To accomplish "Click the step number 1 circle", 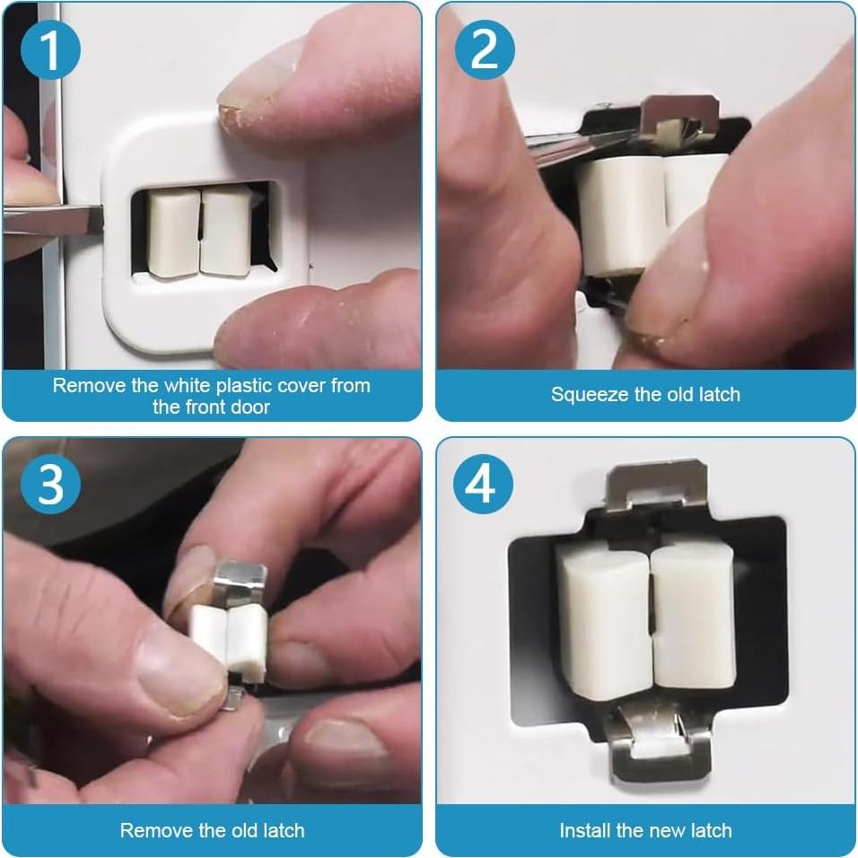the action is [x=50, y=50].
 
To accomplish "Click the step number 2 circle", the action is [x=485, y=50].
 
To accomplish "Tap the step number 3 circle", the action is [x=50, y=485].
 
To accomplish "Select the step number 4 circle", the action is [x=483, y=485].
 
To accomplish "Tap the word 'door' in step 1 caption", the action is [x=250, y=407].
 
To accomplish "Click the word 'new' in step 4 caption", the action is [x=667, y=831].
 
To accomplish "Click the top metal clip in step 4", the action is [x=656, y=485].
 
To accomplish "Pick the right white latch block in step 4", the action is [x=693, y=617].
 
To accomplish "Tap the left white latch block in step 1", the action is [x=173, y=234].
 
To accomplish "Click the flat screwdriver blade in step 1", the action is [x=52, y=221].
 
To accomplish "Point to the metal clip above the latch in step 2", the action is [x=679, y=117].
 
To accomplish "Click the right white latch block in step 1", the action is [x=226, y=231].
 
